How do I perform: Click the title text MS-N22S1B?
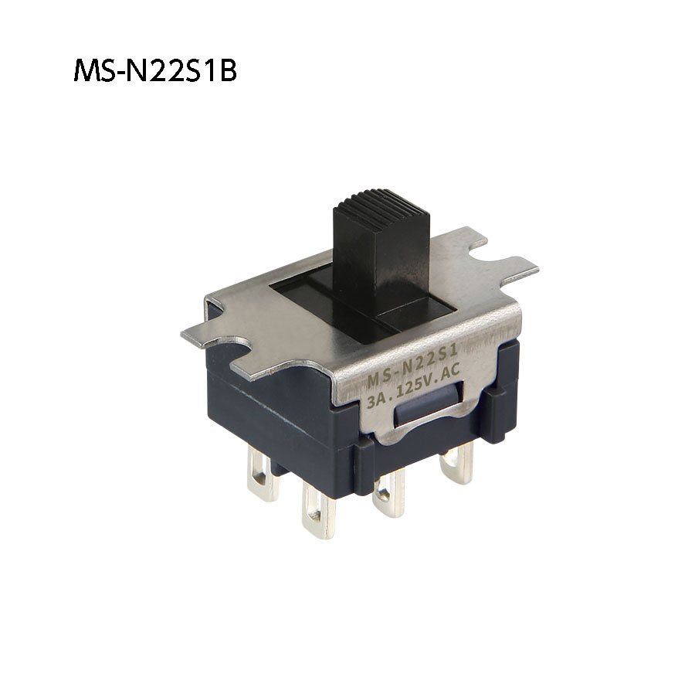pyautogui.click(x=154, y=71)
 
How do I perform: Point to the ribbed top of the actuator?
pyautogui.click(x=382, y=203)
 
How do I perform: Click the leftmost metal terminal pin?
pyautogui.click(x=263, y=475)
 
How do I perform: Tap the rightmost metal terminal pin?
pyautogui.click(x=456, y=464)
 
